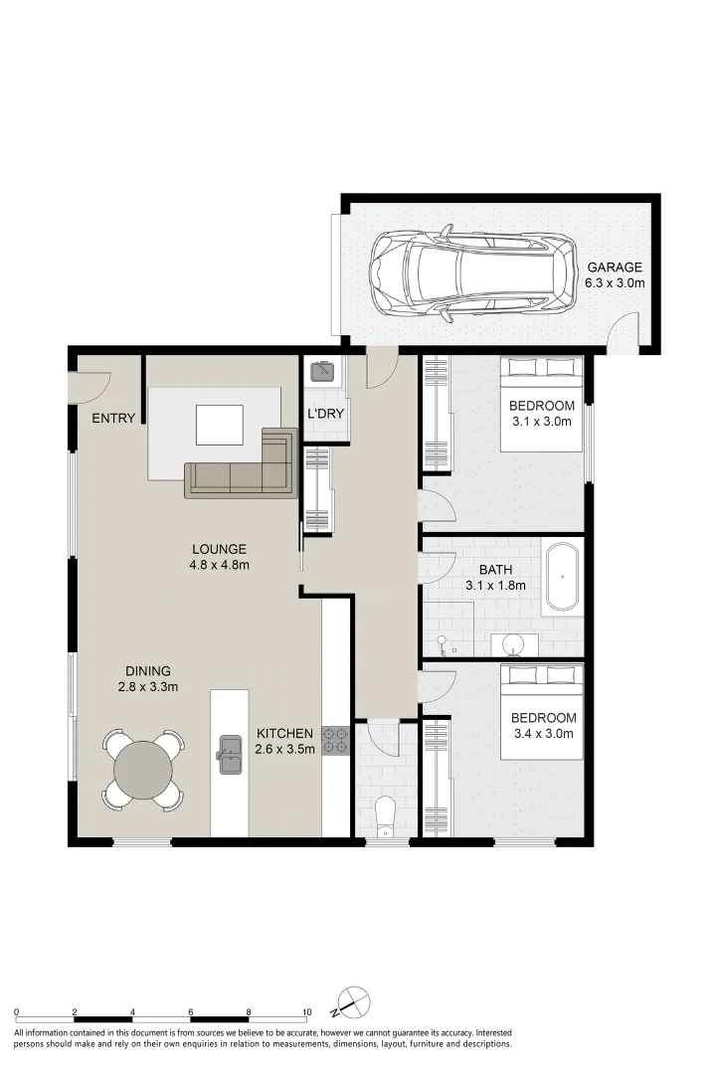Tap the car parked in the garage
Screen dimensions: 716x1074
[x=473, y=274]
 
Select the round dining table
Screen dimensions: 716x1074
[x=143, y=769]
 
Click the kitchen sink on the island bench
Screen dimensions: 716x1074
[x=230, y=754]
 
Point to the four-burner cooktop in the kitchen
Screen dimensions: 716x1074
[x=336, y=741]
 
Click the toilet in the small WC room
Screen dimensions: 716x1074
[x=387, y=815]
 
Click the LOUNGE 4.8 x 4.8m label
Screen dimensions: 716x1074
[x=219, y=557]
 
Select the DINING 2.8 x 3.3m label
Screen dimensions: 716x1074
[x=147, y=679]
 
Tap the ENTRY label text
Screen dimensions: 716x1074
[x=113, y=418]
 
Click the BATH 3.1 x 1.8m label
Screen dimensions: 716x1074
[x=495, y=578]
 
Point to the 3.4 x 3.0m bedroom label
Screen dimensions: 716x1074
[x=543, y=725]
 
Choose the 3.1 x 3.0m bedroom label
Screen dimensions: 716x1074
[x=541, y=413]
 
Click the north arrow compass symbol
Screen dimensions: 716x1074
[x=353, y=1002]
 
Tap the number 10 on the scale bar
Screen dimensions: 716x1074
[x=307, y=1012]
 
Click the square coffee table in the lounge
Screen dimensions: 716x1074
[x=219, y=425]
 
